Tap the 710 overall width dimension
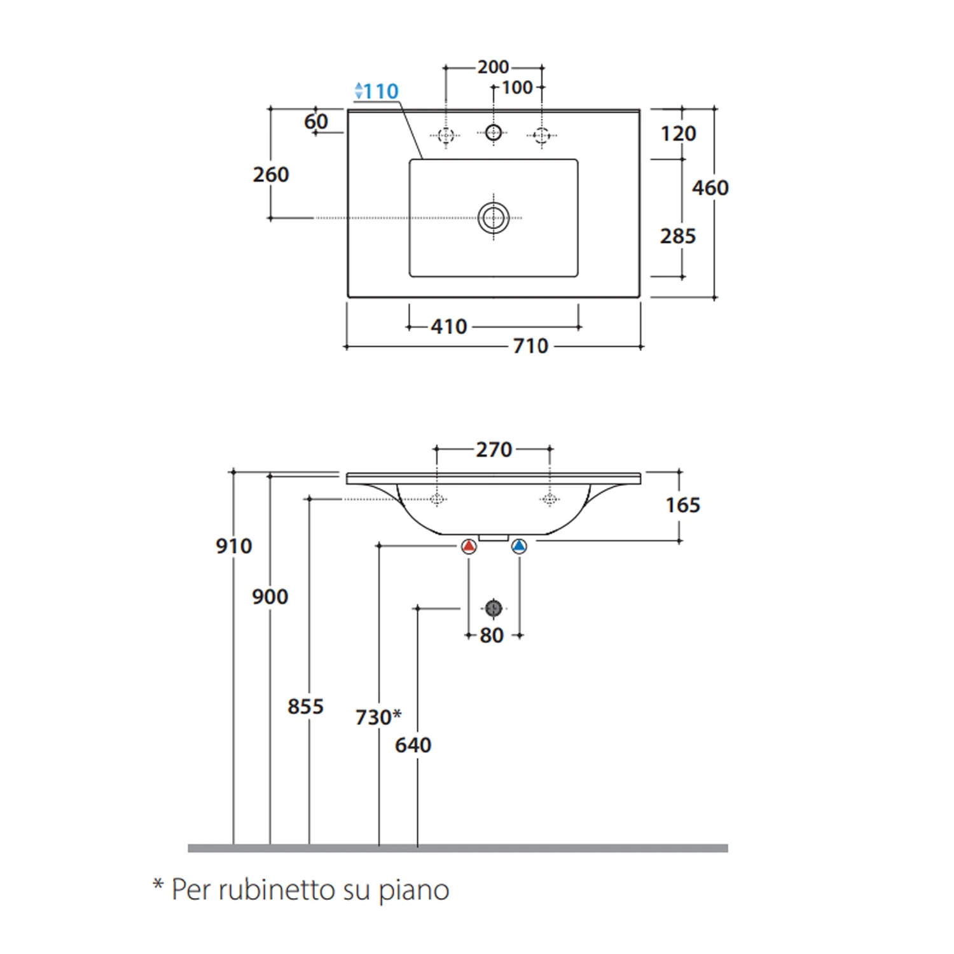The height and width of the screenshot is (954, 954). click(x=530, y=346)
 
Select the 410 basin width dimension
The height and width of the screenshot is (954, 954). click(x=449, y=327)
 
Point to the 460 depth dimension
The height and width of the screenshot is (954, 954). click(x=710, y=188)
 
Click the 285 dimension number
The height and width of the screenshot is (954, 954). click(x=678, y=236)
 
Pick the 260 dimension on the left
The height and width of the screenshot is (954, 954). click(x=271, y=174)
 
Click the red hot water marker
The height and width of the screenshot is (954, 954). click(x=469, y=546)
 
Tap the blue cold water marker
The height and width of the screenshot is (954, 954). click(x=520, y=546)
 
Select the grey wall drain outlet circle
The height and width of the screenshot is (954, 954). click(x=494, y=609)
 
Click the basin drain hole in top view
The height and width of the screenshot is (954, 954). click(x=494, y=218)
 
